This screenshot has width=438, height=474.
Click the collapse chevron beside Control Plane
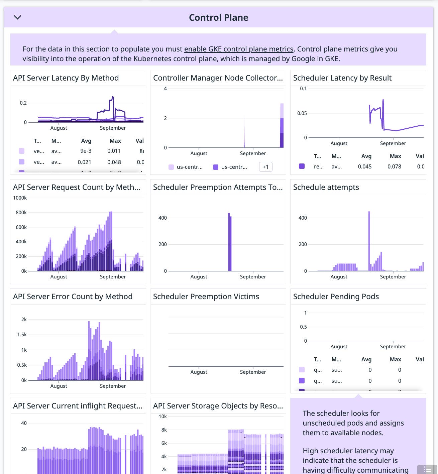pyautogui.click(x=17, y=17)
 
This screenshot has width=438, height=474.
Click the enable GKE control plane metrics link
pyautogui.click(x=239, y=49)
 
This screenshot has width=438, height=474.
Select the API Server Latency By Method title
pyautogui.click(x=66, y=78)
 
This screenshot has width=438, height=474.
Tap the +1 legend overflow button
pyautogui.click(x=265, y=167)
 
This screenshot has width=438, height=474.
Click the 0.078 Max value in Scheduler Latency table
pyautogui.click(x=394, y=166)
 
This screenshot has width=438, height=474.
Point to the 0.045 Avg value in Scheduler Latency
pyautogui.click(x=364, y=166)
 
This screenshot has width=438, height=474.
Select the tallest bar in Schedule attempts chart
pyautogui.click(x=369, y=241)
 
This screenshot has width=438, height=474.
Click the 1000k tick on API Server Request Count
pyautogui.click(x=20, y=198)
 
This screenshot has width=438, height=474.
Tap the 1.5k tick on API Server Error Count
pyautogui.click(x=22, y=335)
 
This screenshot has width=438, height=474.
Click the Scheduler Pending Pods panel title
pyautogui.click(x=336, y=297)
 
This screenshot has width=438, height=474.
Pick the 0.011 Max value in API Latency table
pyautogui.click(x=114, y=151)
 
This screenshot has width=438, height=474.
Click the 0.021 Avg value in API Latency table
pyautogui.click(x=84, y=162)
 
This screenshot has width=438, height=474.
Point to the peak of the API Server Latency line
pyautogui.click(x=113, y=97)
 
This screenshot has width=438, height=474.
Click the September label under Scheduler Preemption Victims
pyautogui.click(x=253, y=372)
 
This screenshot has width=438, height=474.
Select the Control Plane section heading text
pyautogui.click(x=218, y=17)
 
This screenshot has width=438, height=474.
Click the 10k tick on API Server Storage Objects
pyautogui.click(x=163, y=417)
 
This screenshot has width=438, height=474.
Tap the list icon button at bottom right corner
pyautogui.click(x=427, y=469)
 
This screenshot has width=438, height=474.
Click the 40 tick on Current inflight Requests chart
pyautogui.click(x=24, y=423)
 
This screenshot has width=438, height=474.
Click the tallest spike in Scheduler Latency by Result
pyautogui.click(x=383, y=100)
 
